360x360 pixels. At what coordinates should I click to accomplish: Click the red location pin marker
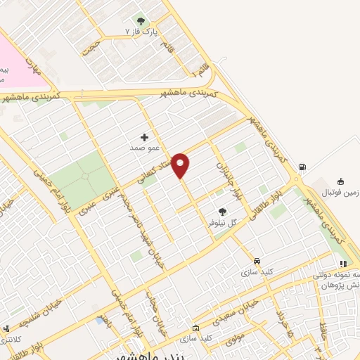coord(181,165)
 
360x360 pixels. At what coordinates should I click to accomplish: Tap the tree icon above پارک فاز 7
coord(141,21)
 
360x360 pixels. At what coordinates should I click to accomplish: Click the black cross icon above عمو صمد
coord(145,137)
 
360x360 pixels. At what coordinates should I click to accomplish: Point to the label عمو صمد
coord(141,148)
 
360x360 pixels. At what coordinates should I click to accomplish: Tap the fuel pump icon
coord(302,167)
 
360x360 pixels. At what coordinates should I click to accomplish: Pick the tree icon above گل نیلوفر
coord(222,210)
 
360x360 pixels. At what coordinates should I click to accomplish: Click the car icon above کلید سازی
coord(257,259)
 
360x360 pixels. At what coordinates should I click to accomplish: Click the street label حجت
coord(90,46)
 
